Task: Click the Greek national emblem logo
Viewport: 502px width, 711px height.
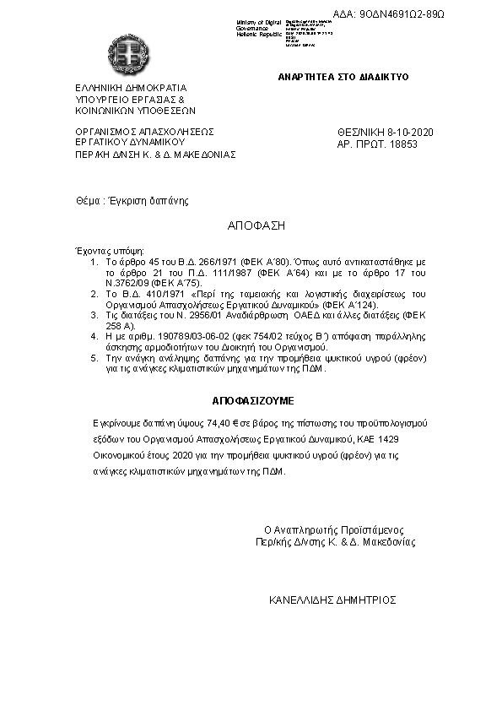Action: point(128,57)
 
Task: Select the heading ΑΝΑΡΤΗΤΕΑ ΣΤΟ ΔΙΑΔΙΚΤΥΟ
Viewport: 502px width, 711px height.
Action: point(343,77)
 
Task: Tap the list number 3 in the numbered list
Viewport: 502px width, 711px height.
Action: point(95,314)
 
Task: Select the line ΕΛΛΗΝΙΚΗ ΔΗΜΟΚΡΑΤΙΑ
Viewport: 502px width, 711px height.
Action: point(131,88)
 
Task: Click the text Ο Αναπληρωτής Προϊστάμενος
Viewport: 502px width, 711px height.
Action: point(334,530)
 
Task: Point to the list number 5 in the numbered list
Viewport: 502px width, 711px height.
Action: point(95,358)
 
